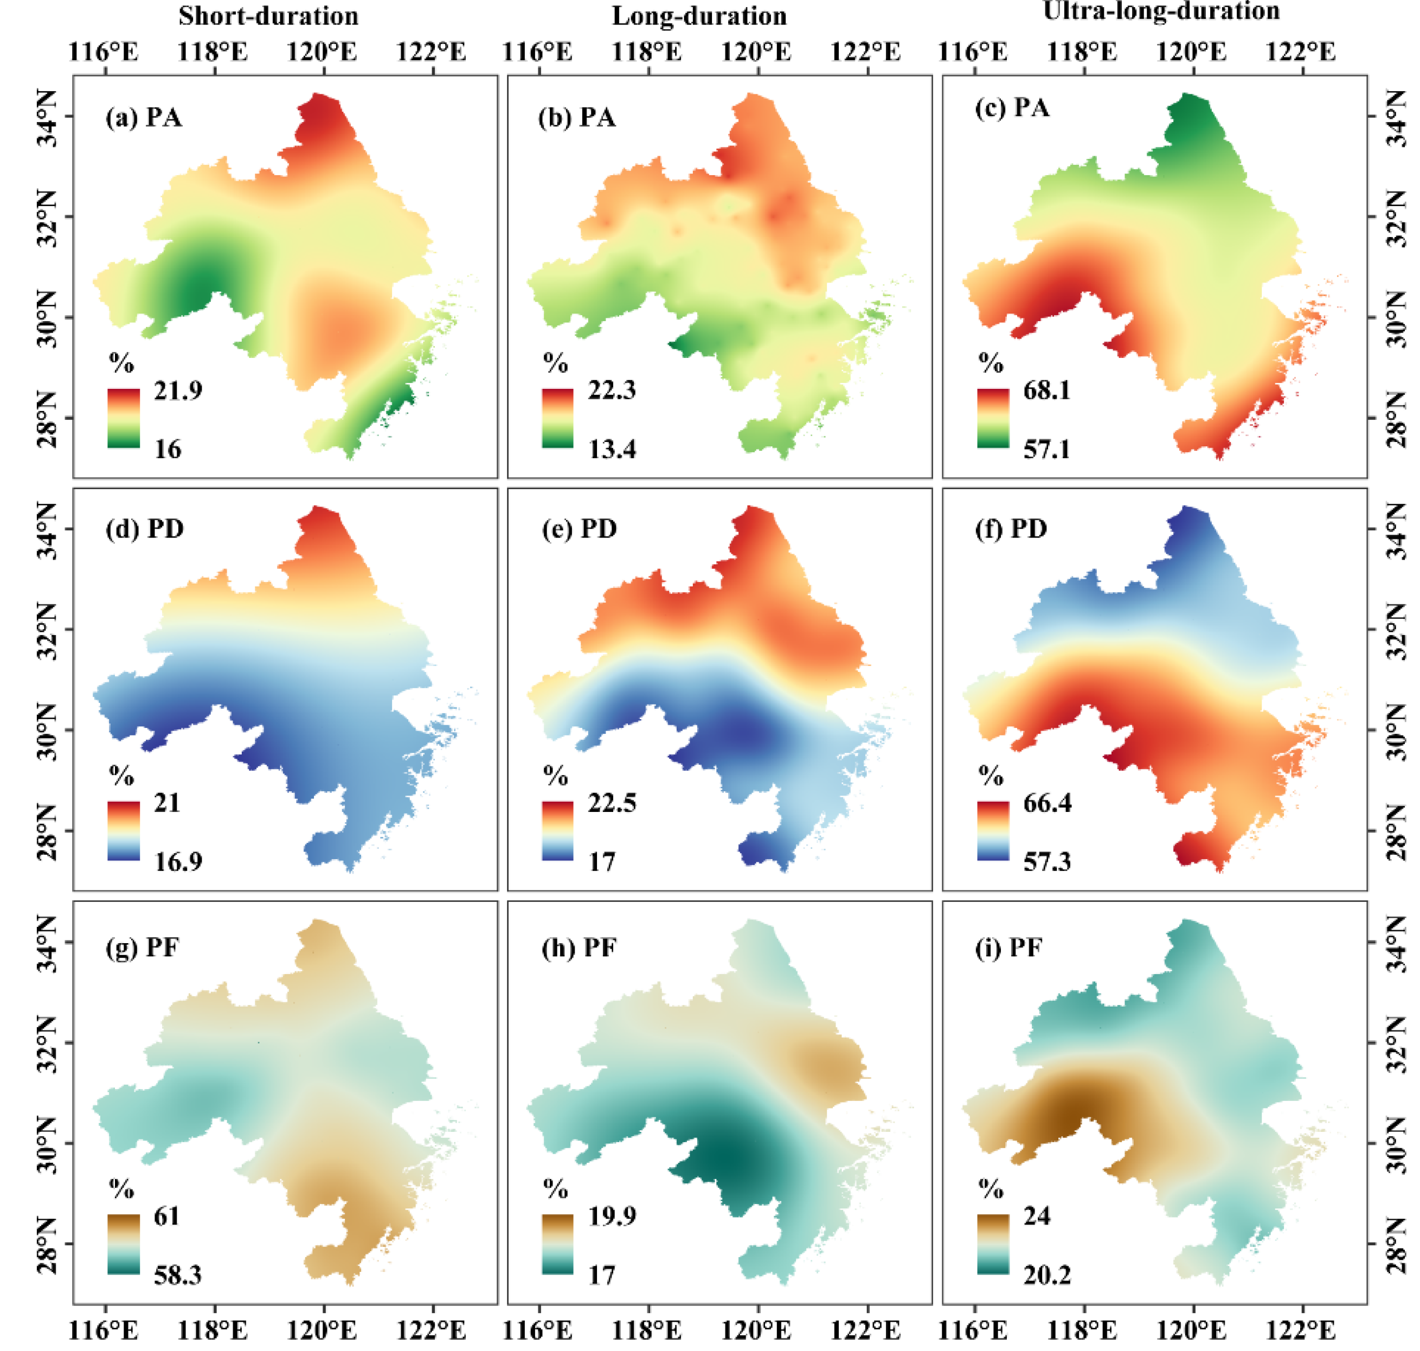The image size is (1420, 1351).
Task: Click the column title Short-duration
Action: point(268,16)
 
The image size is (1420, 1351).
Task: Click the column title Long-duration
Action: point(699,16)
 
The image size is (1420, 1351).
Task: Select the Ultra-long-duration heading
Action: point(1161,11)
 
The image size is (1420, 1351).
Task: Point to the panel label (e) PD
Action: point(579,529)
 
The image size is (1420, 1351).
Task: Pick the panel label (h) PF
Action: point(579,947)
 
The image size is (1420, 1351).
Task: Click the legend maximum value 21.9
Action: point(178,390)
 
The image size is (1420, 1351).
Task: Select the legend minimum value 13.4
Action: point(612,450)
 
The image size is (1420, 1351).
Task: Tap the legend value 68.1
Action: point(1046,390)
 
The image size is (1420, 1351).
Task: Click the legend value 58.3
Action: point(178,1276)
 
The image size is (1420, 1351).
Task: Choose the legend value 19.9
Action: point(612,1216)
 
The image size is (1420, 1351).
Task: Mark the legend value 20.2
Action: point(1047,1276)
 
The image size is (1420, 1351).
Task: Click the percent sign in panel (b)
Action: point(555,362)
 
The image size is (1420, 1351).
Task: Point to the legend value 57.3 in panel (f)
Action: point(1047,862)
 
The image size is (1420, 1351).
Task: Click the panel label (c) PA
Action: point(1012,108)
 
